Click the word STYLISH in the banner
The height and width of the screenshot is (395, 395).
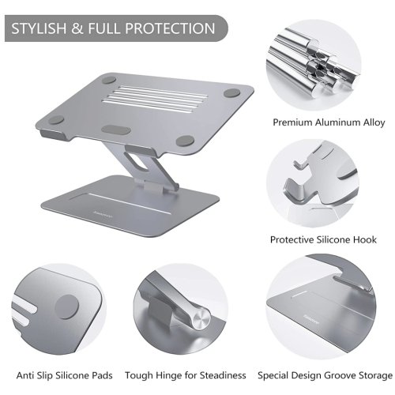coord(39,28)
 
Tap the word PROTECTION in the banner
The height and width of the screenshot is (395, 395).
coord(170,28)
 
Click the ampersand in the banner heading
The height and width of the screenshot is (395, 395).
coord(77,28)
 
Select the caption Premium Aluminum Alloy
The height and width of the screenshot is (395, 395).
coord(329,122)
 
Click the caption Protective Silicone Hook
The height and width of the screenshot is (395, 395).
coord(323,239)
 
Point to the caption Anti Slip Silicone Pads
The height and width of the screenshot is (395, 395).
coord(65,375)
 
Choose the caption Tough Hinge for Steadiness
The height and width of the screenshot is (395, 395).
coord(186,375)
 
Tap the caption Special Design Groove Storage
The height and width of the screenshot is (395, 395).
coord(325,375)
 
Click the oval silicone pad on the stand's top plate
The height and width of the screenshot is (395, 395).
coord(116,130)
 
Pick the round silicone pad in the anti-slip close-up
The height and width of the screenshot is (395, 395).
coord(66,307)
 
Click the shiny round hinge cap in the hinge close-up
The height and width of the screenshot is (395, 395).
coord(202,319)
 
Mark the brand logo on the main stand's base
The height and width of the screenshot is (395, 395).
coord(100,213)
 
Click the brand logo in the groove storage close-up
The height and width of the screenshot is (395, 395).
coord(311,319)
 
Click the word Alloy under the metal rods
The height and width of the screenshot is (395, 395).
coord(374,123)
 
